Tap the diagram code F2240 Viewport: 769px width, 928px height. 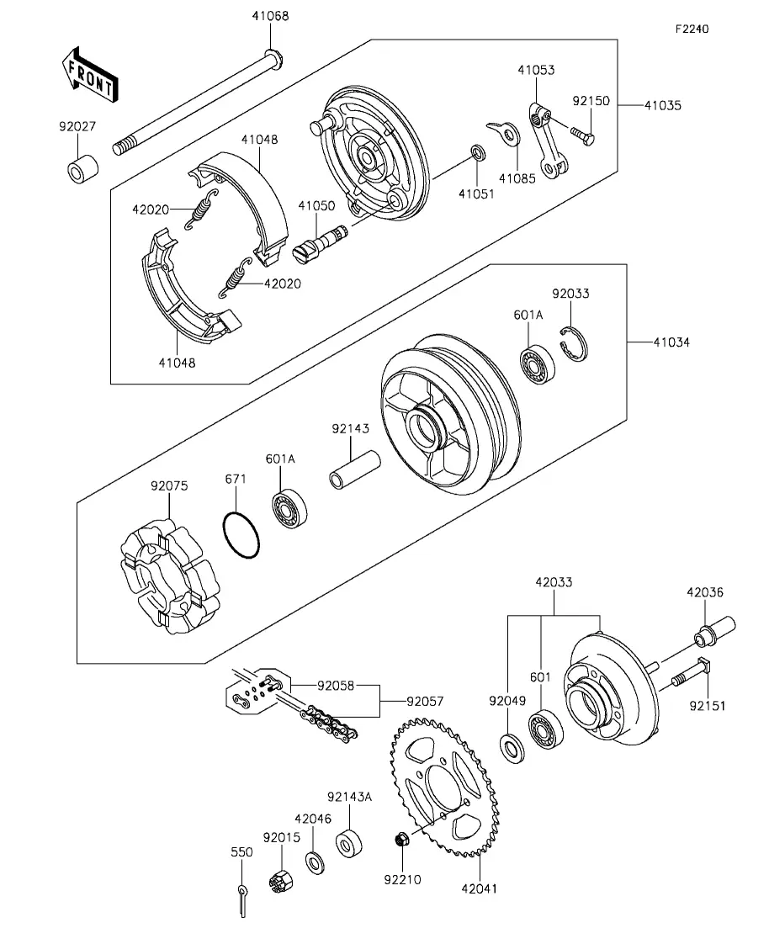click(x=692, y=29)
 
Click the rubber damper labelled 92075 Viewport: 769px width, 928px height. click(x=169, y=580)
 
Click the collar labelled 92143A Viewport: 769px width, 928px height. click(x=348, y=844)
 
